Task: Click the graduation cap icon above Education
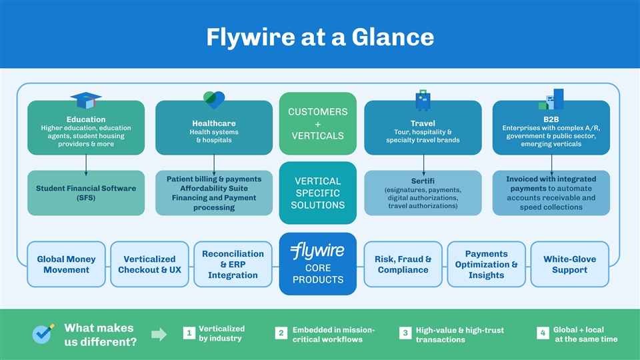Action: pyautogui.click(x=86, y=100)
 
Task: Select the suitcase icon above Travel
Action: pyautogui.click(x=423, y=100)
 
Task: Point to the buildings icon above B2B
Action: pyautogui.click(x=551, y=99)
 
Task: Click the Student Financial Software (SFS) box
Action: pyautogui.click(x=86, y=193)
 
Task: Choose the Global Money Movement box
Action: pyautogui.click(x=66, y=264)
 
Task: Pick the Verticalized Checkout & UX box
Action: pyautogui.click(x=149, y=264)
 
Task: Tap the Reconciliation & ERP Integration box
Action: pyautogui.click(x=233, y=264)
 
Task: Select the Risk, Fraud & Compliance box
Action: pyautogui.click(x=403, y=264)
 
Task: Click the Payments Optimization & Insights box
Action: pyautogui.click(x=486, y=264)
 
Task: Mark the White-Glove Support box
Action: pyautogui.click(x=569, y=264)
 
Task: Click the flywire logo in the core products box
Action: pyautogui.click(x=317, y=252)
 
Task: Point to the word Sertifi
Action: pyautogui.click(x=423, y=181)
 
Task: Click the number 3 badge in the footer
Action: pyautogui.click(x=405, y=333)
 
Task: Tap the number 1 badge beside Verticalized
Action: pyautogui.click(x=189, y=333)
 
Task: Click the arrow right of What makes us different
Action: pyautogui.click(x=159, y=335)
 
